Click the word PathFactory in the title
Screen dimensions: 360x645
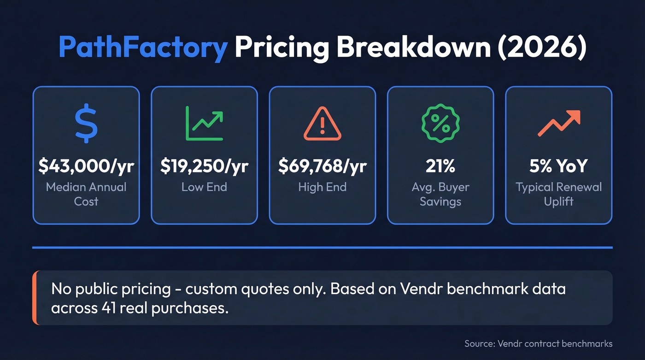point(143,47)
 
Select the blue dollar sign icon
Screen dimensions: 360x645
point(86,123)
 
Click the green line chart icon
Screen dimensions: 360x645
point(204,123)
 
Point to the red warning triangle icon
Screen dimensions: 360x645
point(322,124)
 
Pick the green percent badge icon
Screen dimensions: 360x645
point(440,123)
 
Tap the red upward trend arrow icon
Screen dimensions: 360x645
point(558,124)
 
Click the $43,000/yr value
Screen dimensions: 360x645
point(86,166)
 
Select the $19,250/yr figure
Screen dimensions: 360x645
point(204,166)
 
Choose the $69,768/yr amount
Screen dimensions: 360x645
point(322,166)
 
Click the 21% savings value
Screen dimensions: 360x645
point(440,166)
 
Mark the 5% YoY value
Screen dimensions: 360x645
point(558,166)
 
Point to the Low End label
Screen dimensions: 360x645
point(204,187)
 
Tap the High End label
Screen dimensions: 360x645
point(322,187)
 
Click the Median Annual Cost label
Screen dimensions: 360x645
point(86,194)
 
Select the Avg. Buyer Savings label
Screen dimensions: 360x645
point(440,194)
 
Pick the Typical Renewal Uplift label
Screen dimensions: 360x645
point(558,194)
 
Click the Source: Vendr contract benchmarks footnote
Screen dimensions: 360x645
point(539,343)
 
